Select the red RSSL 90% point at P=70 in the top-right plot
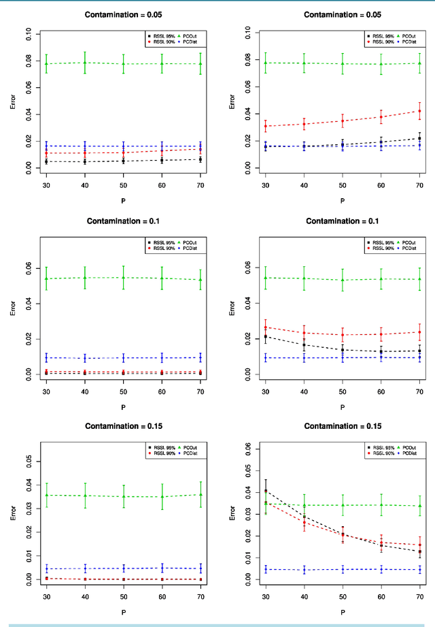click(419, 111)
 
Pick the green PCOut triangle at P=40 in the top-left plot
click(84, 63)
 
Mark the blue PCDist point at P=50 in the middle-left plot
click(123, 357)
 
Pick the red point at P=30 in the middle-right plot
click(265, 327)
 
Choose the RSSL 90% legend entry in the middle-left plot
click(161, 248)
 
